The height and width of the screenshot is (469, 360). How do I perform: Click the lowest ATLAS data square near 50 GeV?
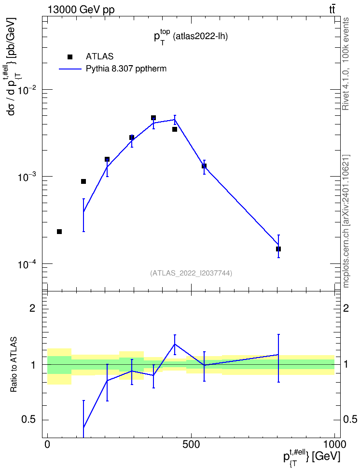pyautogui.click(x=59, y=232)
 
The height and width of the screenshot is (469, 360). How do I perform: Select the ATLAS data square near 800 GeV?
pyautogui.click(x=278, y=249)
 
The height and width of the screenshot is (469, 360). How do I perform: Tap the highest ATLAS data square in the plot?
pyautogui.click(x=153, y=118)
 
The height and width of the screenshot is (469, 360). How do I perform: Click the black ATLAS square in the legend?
pyautogui.click(x=70, y=56)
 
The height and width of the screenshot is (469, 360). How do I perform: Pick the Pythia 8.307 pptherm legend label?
pyautogui.click(x=126, y=69)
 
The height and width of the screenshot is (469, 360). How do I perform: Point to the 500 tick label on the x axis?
pyautogui.click(x=191, y=444)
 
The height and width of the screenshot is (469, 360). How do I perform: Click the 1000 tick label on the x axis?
pyautogui.click(x=334, y=444)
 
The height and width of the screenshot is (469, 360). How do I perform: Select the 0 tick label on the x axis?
pyautogui.click(x=47, y=444)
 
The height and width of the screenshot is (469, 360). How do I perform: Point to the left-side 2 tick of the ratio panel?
pyautogui.click(x=32, y=308)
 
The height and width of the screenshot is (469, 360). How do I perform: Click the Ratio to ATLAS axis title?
pyautogui.click(x=14, y=364)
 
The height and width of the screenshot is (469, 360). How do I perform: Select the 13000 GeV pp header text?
pyautogui.click(x=81, y=10)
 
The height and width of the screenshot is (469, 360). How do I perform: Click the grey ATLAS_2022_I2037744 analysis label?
pyautogui.click(x=191, y=273)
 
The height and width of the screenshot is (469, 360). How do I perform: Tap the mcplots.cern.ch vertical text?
pyautogui.click(x=346, y=221)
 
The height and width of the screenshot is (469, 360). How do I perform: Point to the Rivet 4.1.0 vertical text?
pyautogui.click(x=346, y=64)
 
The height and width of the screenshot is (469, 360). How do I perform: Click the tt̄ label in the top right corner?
pyautogui.click(x=332, y=9)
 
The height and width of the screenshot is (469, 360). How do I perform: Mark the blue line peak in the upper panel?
pyautogui.click(x=175, y=120)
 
